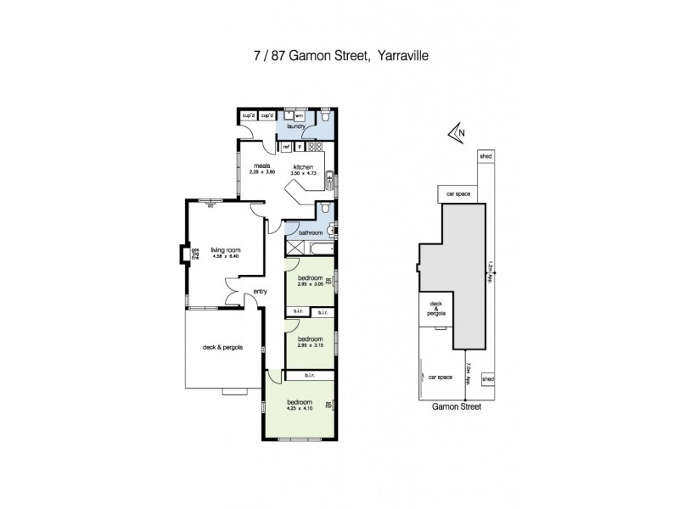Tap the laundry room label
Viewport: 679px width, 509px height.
(295, 126)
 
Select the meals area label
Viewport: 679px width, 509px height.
(262, 166)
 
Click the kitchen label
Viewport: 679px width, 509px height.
(304, 166)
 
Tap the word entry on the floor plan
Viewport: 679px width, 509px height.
(261, 293)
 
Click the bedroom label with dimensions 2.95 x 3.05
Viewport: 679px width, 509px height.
(310, 278)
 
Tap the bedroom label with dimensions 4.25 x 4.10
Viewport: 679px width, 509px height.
(300, 401)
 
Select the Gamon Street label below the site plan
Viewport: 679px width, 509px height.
(455, 406)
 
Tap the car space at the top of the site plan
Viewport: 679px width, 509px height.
(457, 194)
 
